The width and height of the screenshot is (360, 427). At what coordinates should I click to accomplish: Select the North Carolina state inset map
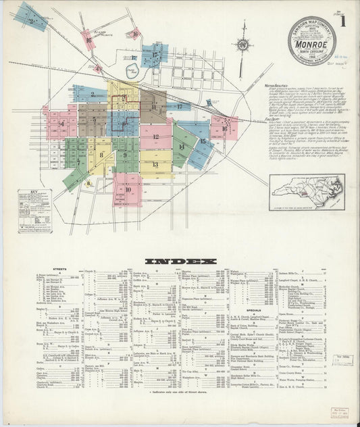[307, 192]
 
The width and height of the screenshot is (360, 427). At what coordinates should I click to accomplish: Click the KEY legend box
[34, 210]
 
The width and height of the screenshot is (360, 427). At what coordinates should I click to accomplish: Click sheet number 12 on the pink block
[156, 137]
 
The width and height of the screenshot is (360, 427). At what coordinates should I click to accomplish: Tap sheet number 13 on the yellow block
[155, 164]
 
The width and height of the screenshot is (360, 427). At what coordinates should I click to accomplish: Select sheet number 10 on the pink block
[128, 190]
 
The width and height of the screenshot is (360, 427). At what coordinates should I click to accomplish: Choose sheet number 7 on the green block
[78, 162]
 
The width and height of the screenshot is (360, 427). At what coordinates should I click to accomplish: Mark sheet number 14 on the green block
[181, 147]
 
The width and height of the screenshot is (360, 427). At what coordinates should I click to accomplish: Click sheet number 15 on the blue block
[202, 141]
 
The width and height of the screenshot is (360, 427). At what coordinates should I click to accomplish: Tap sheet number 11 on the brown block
[153, 106]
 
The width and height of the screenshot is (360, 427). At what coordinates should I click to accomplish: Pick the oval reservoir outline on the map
[132, 71]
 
